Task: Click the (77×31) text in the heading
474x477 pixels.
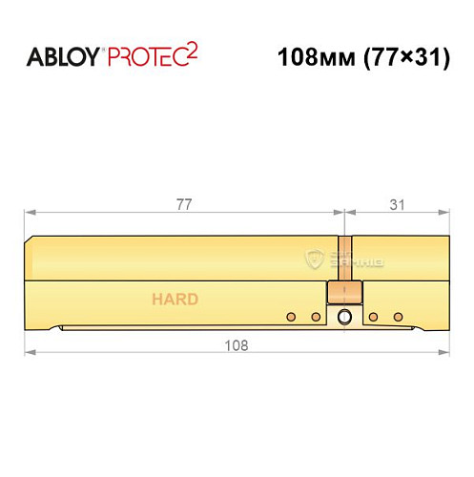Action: (x=399, y=56)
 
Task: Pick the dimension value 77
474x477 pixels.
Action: (x=184, y=203)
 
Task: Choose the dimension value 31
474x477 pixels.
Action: (x=396, y=203)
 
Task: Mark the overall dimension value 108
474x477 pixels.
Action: (x=236, y=346)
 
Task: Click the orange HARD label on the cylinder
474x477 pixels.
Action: (x=175, y=300)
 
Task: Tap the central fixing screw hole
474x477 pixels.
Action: (x=344, y=318)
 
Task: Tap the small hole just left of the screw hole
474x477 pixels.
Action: (x=317, y=317)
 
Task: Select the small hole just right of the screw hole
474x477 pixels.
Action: (x=372, y=317)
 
